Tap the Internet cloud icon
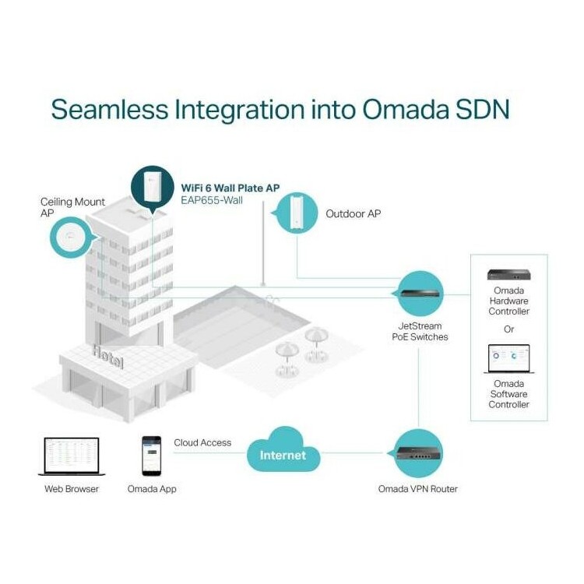[283, 452]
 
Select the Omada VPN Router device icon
[418, 453]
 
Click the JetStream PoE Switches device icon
[420, 293]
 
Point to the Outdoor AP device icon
[297, 213]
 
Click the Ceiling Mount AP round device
[71, 237]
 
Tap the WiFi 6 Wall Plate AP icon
[153, 188]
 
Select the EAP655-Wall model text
[212, 200]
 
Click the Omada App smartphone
[152, 456]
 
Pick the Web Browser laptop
[72, 456]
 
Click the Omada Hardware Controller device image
[508, 275]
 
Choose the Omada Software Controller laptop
[508, 359]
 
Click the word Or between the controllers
[508, 329]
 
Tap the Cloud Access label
[202, 442]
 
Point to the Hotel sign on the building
[108, 357]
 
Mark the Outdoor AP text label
[353, 214]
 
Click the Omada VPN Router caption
[418, 489]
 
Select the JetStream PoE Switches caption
[420, 332]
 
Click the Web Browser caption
[72, 489]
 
